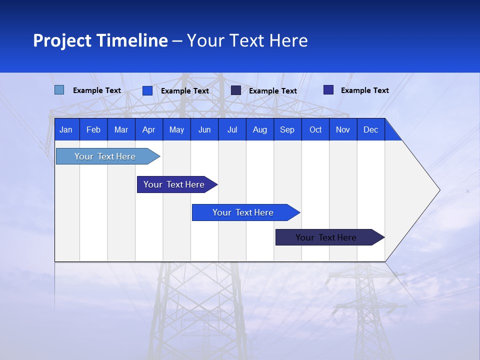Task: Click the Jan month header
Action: click(66, 130)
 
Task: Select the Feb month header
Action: click(93, 130)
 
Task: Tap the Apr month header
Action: click(149, 130)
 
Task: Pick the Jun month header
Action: click(204, 130)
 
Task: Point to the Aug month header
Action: click(260, 130)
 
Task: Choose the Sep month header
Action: click(287, 130)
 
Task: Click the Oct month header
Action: click(315, 130)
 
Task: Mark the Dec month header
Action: click(371, 130)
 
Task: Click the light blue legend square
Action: click(59, 90)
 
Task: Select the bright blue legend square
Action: click(147, 90)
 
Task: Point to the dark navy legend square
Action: click(236, 90)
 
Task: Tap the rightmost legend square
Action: click(328, 90)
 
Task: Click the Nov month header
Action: click(343, 130)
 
